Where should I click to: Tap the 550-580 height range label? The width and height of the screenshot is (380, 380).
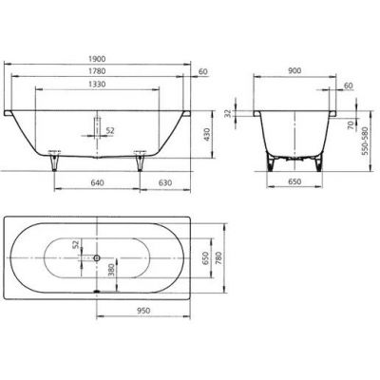pos(365,146)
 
